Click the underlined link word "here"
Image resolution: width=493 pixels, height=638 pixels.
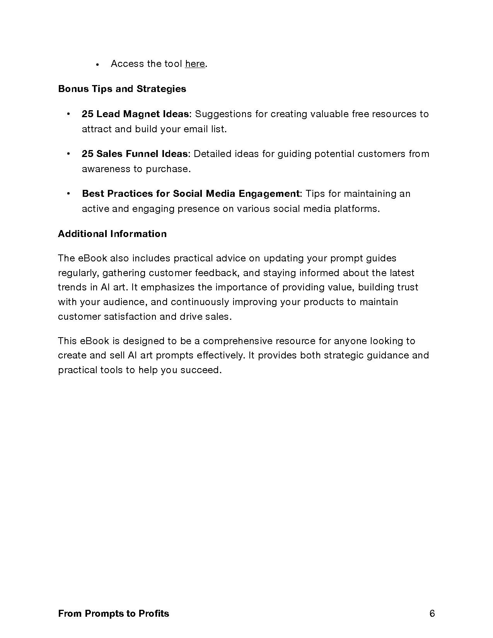(195, 64)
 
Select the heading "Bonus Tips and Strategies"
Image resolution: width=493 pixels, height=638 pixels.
(122, 89)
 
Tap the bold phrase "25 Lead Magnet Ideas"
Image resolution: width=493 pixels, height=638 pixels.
(135, 114)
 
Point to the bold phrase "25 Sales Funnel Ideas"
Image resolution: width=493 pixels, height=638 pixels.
(134, 154)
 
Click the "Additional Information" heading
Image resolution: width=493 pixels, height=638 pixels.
(112, 234)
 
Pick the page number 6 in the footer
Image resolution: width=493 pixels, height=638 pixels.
(432, 613)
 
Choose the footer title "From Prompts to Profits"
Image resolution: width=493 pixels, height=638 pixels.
(113, 614)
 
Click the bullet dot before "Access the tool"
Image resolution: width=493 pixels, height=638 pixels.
(98, 65)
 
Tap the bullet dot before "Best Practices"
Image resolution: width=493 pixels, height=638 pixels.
(68, 193)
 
